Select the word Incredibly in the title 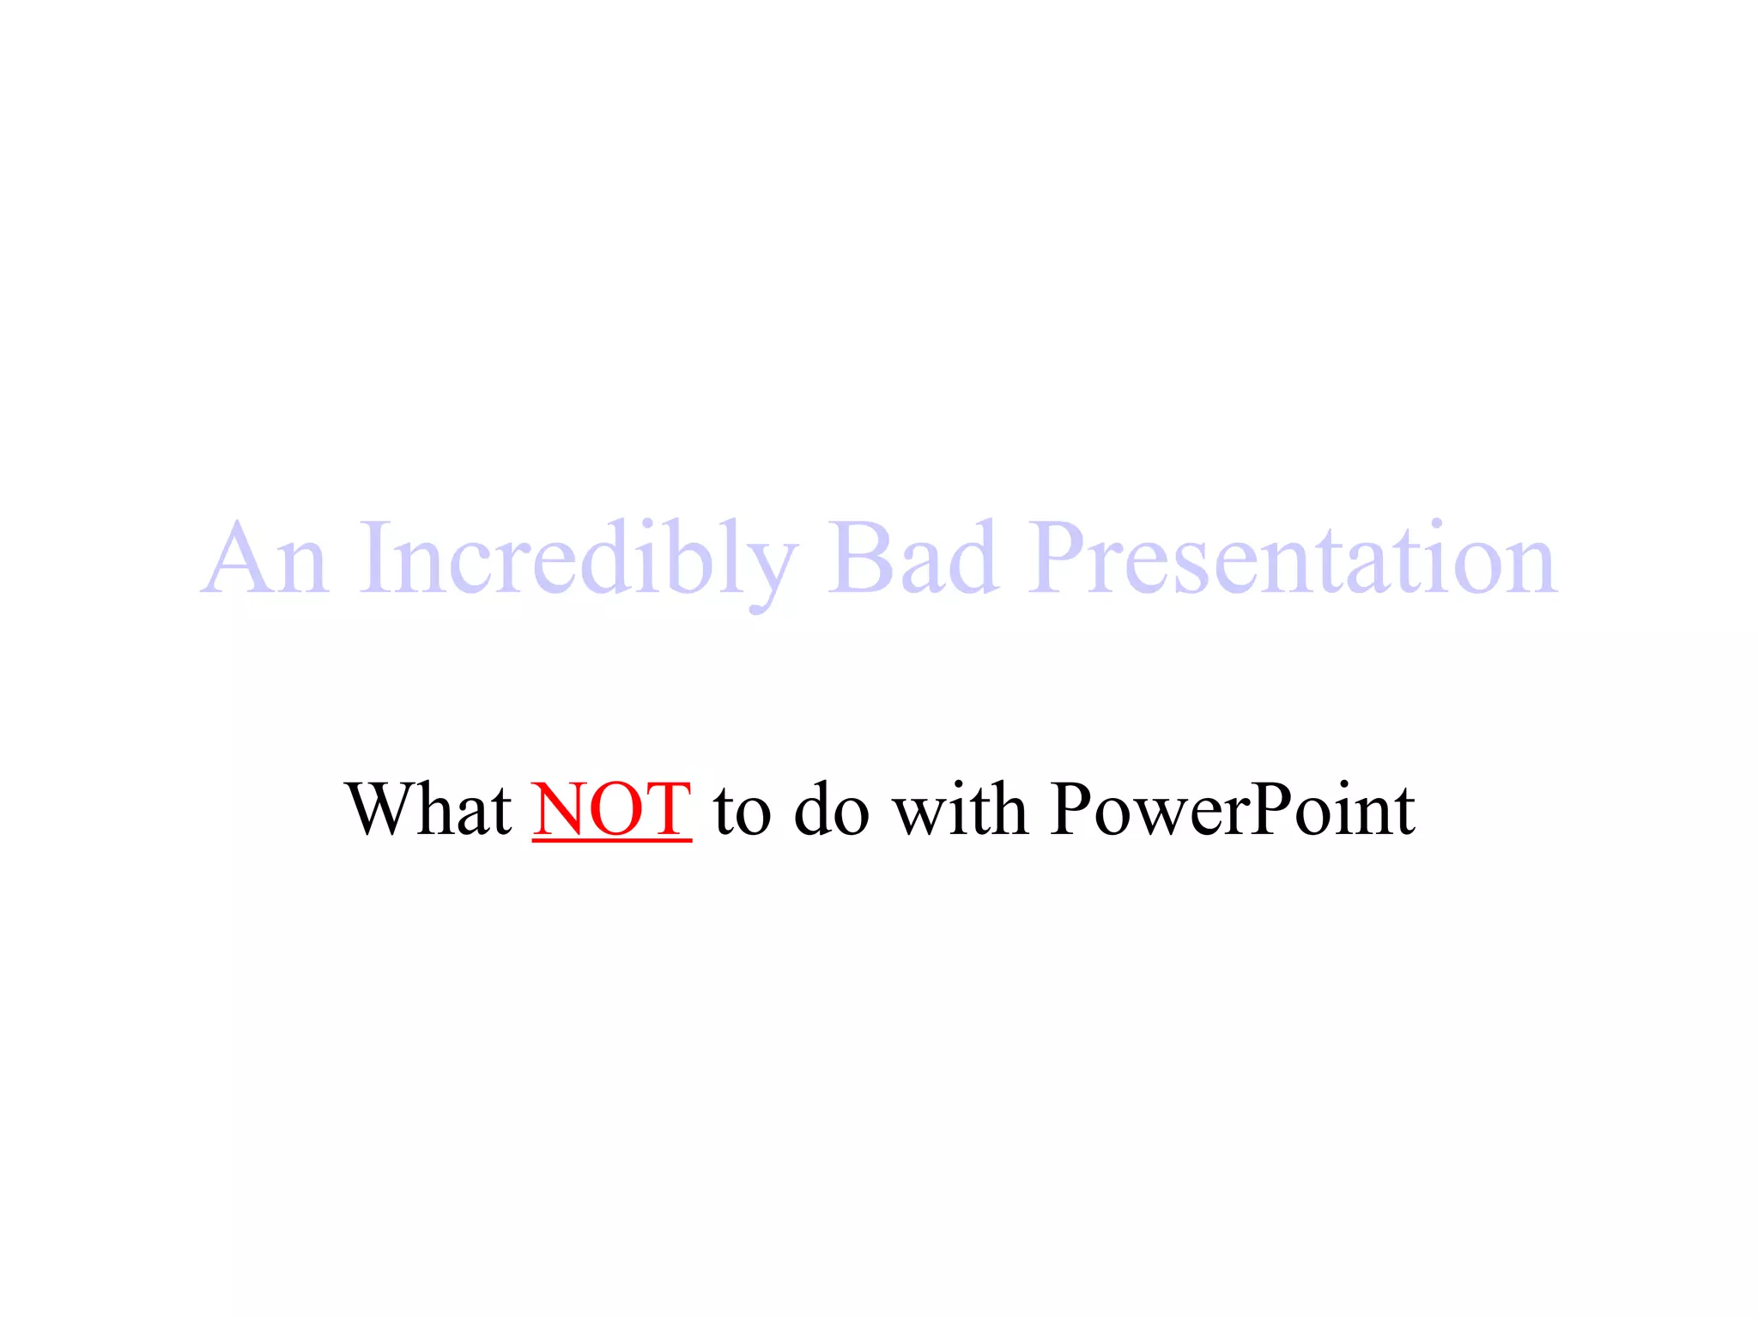pos(577,559)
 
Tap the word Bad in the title pos(913,559)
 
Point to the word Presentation pos(1294,559)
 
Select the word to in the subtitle pos(743,811)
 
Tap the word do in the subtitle pos(831,811)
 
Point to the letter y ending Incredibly pos(767,571)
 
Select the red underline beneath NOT pos(611,841)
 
